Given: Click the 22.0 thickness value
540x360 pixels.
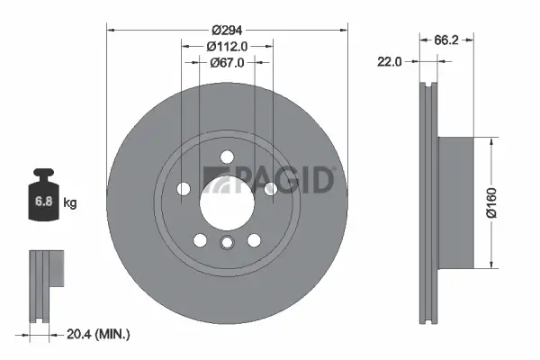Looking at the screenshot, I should click(390, 61).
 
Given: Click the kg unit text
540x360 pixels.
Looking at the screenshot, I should click(70, 203).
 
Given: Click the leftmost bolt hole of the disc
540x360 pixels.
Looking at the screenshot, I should click(184, 189).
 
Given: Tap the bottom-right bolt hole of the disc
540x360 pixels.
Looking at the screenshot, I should click(254, 238).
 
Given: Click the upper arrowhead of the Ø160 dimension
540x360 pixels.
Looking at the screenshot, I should click(490, 142).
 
